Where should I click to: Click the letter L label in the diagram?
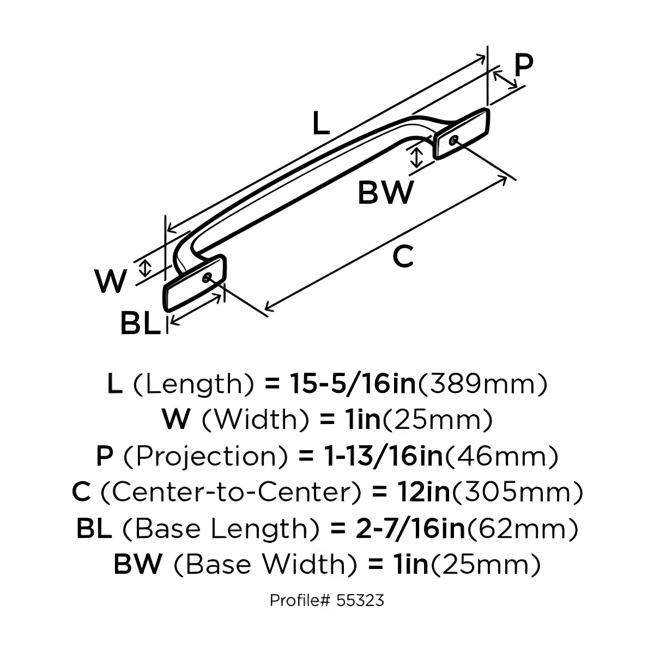321,124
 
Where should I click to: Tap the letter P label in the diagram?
523,66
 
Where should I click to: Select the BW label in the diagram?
385,192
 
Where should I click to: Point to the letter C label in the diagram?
403,256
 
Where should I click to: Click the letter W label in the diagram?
111,281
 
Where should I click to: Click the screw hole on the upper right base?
453,141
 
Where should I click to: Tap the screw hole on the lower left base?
207,277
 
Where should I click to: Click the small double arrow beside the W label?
144,268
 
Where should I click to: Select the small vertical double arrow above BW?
416,156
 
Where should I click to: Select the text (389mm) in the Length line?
482,384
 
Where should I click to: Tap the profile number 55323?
360,601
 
